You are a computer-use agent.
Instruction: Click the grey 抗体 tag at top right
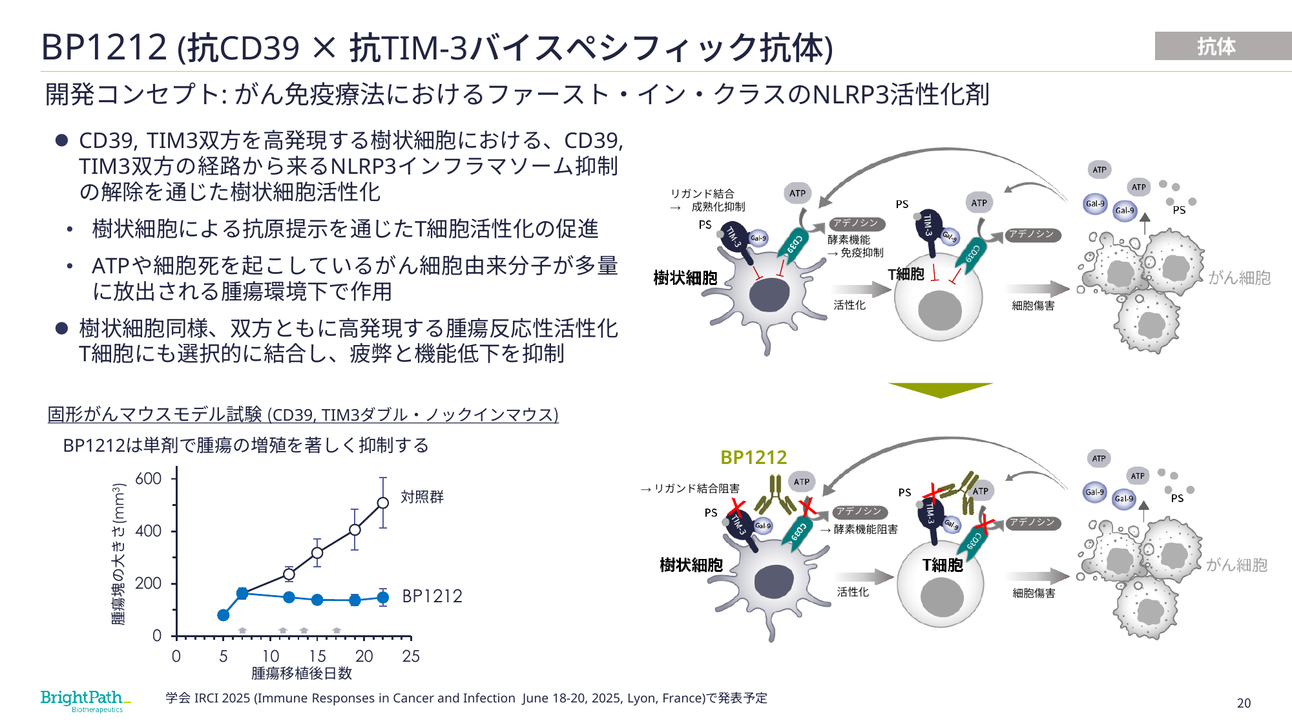coord(1223,46)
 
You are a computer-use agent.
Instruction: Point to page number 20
coord(1244,703)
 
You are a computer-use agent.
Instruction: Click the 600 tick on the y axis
coord(148,478)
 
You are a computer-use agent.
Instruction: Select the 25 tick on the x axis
coord(411,657)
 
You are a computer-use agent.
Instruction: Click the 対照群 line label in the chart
coord(422,496)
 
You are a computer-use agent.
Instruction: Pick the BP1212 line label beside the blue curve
coord(432,596)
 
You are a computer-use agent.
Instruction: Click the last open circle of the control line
coord(383,503)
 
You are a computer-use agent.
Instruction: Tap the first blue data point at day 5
coord(224,615)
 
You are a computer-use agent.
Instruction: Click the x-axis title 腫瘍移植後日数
coord(302,673)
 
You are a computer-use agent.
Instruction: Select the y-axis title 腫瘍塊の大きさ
coord(119,554)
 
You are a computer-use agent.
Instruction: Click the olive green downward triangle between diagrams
coord(941,390)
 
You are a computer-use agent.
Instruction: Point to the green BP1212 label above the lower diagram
coord(753,458)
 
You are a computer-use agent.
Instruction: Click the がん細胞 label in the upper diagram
coord(1240,278)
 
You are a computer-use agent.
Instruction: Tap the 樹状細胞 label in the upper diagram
coord(685,278)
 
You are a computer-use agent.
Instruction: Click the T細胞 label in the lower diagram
coord(943,565)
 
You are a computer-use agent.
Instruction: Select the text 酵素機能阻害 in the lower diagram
coord(866,529)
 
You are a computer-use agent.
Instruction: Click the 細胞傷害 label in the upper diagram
coord(1033,306)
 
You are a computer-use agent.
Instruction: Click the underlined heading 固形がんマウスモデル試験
coord(155,414)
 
